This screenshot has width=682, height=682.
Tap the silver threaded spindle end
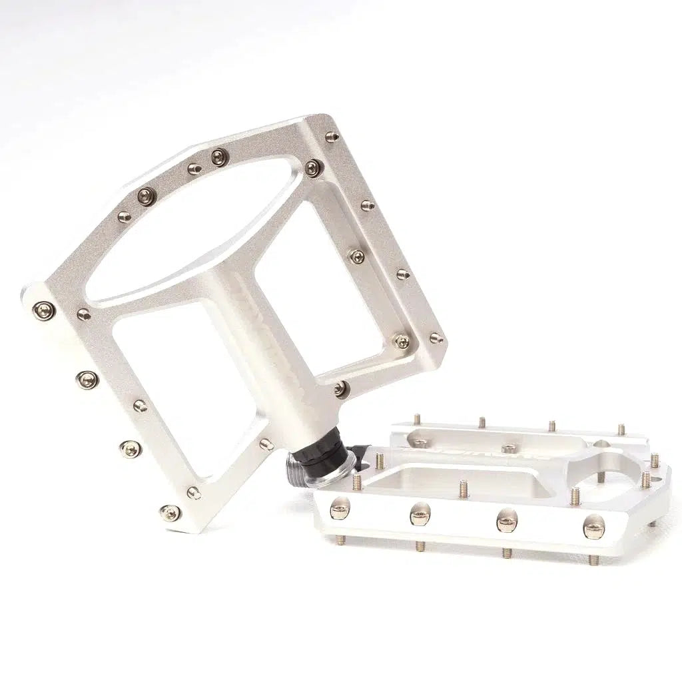[x=298, y=466]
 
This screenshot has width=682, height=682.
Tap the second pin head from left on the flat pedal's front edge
[x=420, y=513]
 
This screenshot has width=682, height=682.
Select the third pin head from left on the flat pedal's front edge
[x=507, y=521]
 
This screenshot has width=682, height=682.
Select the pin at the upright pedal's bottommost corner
[x=170, y=511]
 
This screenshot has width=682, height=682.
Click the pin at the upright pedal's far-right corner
[x=436, y=338]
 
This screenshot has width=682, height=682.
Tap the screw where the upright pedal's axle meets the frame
[x=340, y=388]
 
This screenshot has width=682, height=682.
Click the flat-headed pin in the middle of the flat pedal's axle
[x=509, y=449]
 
